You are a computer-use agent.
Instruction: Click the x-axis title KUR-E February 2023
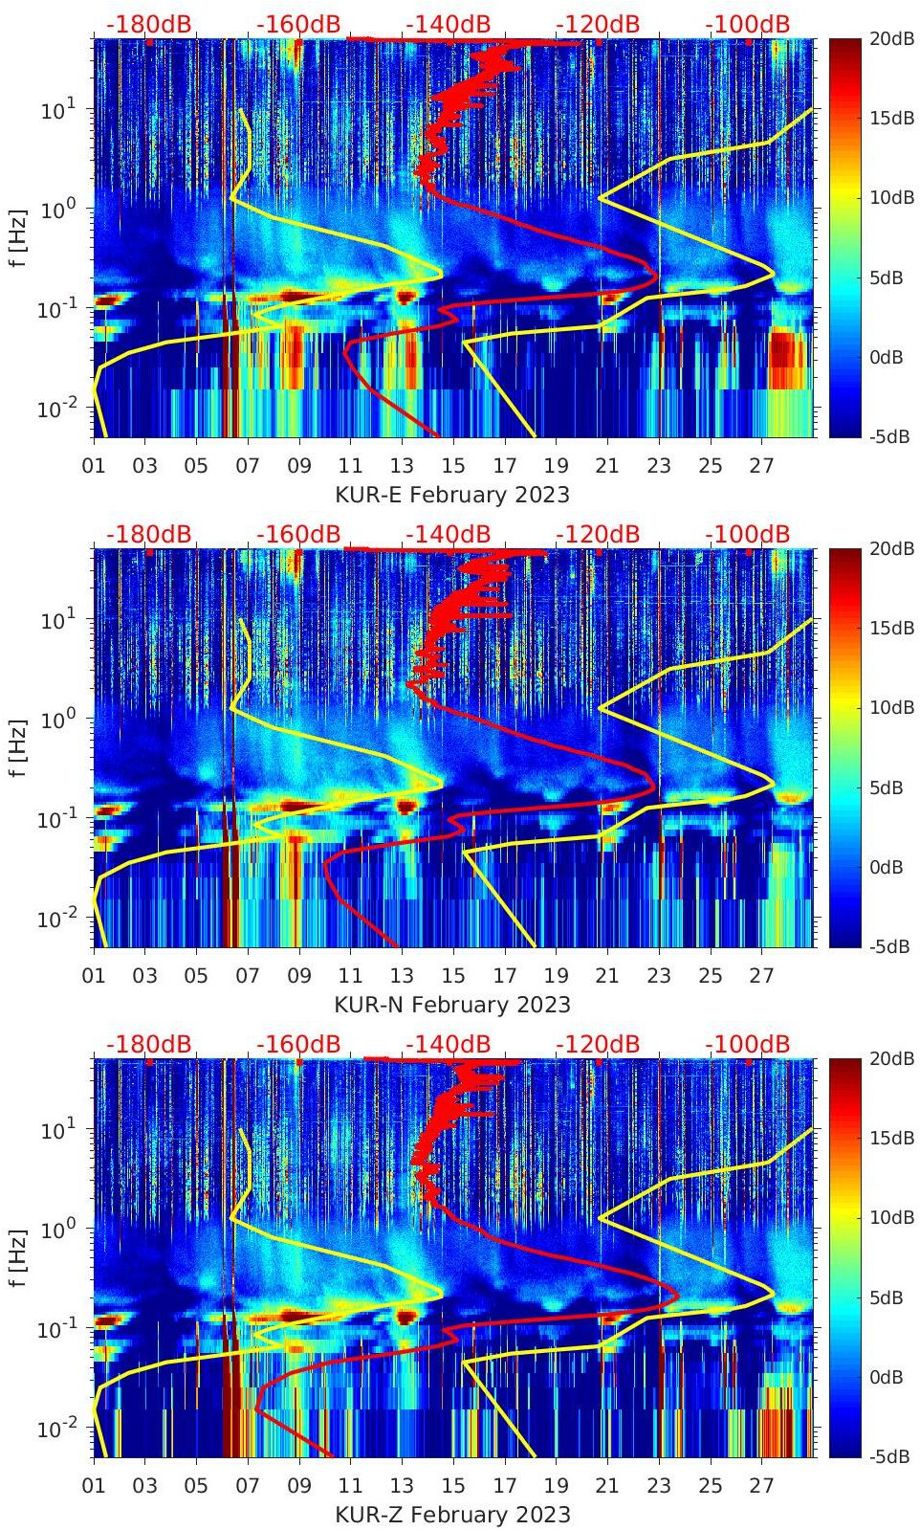point(451,495)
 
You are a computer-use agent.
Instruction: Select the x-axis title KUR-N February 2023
point(451,1005)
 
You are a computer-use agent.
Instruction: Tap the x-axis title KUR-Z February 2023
point(451,1515)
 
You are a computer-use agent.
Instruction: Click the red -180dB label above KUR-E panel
point(148,24)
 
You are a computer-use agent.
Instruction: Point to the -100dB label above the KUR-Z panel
point(748,1044)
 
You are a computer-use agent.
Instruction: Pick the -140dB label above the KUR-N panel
point(448,534)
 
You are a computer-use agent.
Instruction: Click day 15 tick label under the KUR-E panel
point(453,466)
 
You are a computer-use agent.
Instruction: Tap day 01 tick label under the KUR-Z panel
point(94,1486)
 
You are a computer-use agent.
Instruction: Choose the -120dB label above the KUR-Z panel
point(598,1044)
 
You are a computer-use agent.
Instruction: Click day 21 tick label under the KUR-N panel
point(607,976)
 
